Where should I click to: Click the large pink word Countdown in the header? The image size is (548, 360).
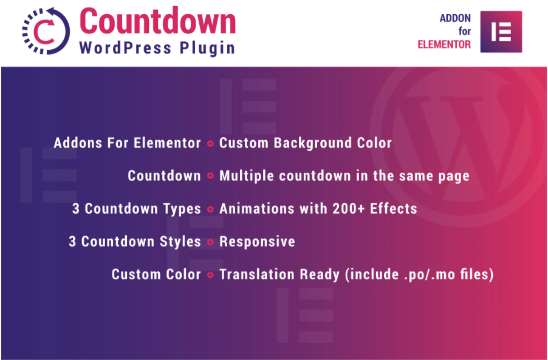click(157, 21)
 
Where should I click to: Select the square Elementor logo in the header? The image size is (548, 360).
click(501, 32)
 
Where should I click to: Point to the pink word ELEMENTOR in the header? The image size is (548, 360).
click(444, 45)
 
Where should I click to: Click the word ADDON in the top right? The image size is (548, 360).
click(455, 18)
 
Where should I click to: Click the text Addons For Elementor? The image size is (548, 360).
click(127, 143)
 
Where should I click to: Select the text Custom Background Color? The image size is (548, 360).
click(306, 143)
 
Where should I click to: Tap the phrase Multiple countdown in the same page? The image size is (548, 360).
click(344, 176)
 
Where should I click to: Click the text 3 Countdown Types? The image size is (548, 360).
click(137, 209)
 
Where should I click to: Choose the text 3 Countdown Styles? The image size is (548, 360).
click(135, 242)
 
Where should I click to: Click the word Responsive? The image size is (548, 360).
click(257, 242)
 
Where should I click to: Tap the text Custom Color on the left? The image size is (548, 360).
click(156, 274)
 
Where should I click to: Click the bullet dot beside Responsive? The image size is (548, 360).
click(210, 242)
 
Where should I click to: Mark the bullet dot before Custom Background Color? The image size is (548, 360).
click(210, 143)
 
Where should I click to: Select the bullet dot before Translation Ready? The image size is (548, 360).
click(210, 275)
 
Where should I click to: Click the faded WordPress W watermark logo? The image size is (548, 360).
click(458, 147)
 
